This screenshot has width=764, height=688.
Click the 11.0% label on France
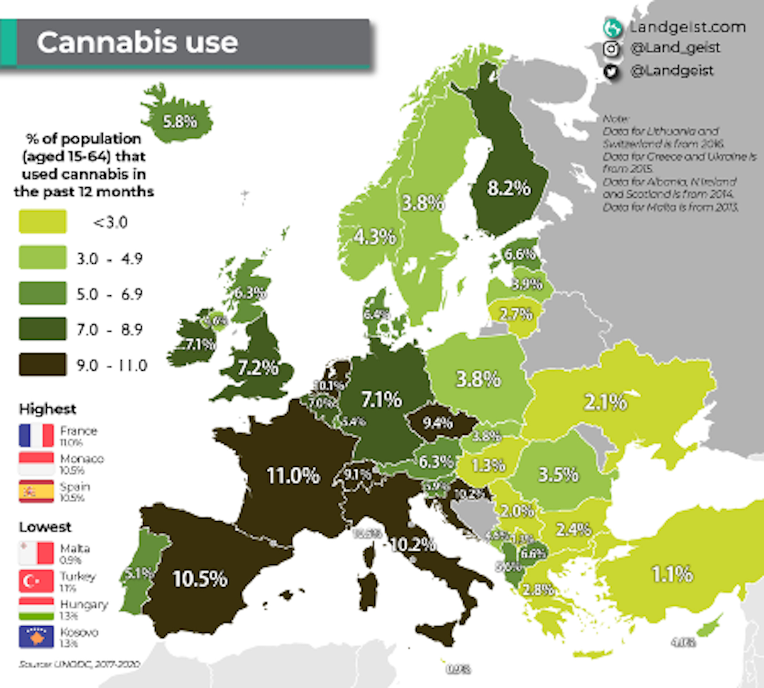pyautogui.click(x=293, y=475)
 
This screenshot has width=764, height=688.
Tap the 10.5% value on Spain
pyautogui.click(x=200, y=579)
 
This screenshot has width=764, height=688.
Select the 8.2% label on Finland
pyautogui.click(x=509, y=188)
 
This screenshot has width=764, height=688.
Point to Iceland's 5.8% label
pyautogui.click(x=180, y=121)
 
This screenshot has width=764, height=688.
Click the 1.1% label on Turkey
pyautogui.click(x=672, y=574)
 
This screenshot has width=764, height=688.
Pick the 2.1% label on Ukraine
pyautogui.click(x=605, y=402)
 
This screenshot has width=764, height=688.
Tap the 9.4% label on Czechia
pyautogui.click(x=438, y=423)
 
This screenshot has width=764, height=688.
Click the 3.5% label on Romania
pyautogui.click(x=558, y=474)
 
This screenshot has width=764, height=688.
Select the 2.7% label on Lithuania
pyautogui.click(x=516, y=314)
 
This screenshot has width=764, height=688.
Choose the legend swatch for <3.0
pyautogui.click(x=42, y=222)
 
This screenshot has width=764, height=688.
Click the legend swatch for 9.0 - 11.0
pyautogui.click(x=42, y=365)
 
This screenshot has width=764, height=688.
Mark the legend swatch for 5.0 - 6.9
pyautogui.click(x=42, y=293)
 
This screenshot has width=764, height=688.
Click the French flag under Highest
pyautogui.click(x=36, y=435)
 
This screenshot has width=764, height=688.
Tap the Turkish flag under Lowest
pyautogui.click(x=36, y=581)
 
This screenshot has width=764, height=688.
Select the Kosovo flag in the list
pyautogui.click(x=36, y=637)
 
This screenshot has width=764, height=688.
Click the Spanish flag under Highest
pyautogui.click(x=36, y=492)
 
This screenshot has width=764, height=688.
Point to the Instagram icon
pyautogui.click(x=611, y=49)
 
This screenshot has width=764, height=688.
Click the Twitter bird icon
pyautogui.click(x=611, y=72)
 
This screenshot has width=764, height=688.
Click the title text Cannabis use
pyautogui.click(x=137, y=42)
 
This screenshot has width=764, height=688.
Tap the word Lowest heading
pyautogui.click(x=45, y=527)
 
